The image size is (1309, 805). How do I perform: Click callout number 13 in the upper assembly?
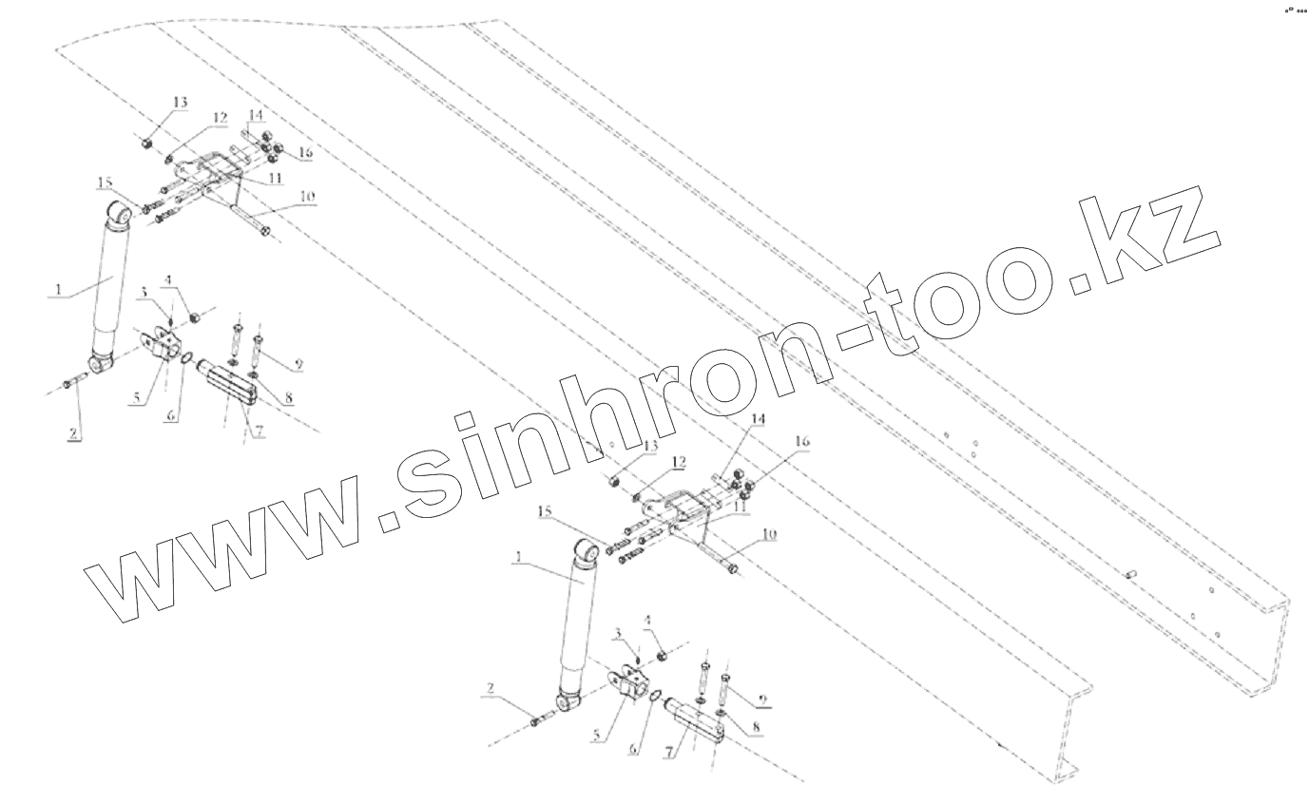180,102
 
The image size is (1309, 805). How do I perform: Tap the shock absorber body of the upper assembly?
107,285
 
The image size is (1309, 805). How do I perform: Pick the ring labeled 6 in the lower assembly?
654,700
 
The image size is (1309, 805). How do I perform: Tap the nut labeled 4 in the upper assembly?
194,316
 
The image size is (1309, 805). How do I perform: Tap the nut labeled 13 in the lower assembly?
615,484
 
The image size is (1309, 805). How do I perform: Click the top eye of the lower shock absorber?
587,551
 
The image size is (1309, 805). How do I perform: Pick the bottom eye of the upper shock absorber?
102,364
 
